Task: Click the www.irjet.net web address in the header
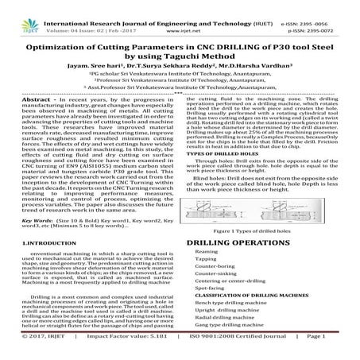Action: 180,15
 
